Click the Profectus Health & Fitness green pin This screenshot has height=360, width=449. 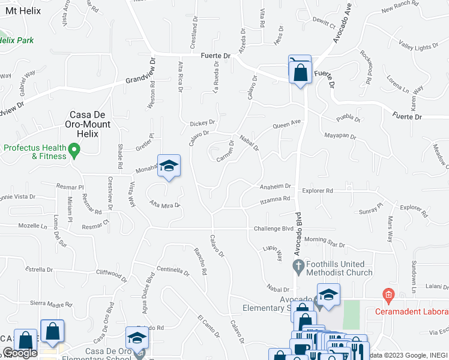click(x=74, y=149)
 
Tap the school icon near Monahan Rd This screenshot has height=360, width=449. click(x=169, y=166)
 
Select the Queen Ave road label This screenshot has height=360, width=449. click(x=286, y=124)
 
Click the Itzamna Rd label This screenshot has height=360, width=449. click(x=275, y=199)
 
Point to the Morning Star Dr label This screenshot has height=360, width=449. click(x=324, y=242)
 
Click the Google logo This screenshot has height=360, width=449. click(x=20, y=353)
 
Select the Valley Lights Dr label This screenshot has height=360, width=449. click(x=418, y=46)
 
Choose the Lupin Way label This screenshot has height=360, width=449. click(x=272, y=252)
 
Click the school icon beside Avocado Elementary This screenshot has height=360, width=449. click(x=328, y=295)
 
